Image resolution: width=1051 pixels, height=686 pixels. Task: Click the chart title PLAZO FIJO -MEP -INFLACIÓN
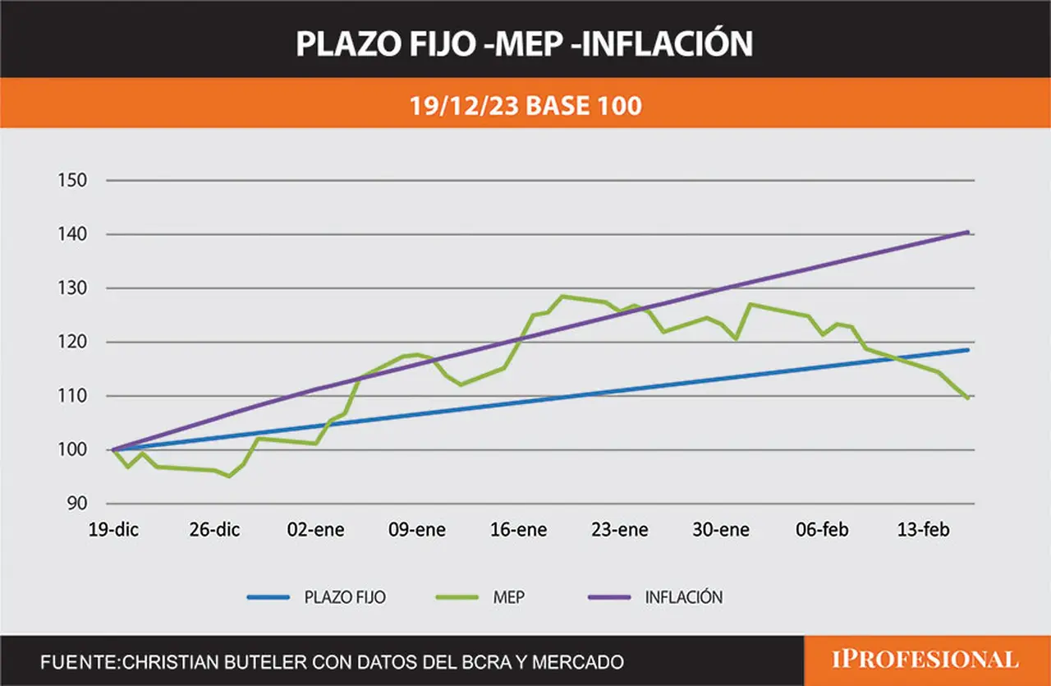[524, 44]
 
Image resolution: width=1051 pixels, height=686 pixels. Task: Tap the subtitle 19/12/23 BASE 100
[525, 106]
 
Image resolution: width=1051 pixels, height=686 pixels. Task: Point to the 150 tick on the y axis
[72, 180]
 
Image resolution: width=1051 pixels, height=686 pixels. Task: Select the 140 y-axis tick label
[72, 234]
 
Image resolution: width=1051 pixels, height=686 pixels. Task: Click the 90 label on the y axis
[77, 504]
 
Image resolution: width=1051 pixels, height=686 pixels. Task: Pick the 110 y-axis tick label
[72, 396]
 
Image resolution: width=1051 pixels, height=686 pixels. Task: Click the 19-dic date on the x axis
[113, 530]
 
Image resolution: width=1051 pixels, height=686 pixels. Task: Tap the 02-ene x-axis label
[316, 530]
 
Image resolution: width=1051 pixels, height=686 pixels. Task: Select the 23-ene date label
[620, 530]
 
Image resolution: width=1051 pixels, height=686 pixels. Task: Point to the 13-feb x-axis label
[924, 530]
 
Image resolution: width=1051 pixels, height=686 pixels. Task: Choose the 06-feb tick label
[822, 530]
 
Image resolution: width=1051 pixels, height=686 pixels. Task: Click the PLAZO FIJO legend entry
[317, 597]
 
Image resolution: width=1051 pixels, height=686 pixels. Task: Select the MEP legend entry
[480, 597]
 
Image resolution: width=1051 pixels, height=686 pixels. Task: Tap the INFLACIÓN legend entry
[655, 597]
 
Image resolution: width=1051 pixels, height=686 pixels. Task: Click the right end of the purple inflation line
[968, 233]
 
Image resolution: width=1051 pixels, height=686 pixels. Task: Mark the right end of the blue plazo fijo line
[968, 350]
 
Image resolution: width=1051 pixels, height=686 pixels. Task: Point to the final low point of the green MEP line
[967, 398]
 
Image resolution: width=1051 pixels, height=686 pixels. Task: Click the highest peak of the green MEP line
[562, 297]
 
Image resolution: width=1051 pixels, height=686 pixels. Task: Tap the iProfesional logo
[925, 660]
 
